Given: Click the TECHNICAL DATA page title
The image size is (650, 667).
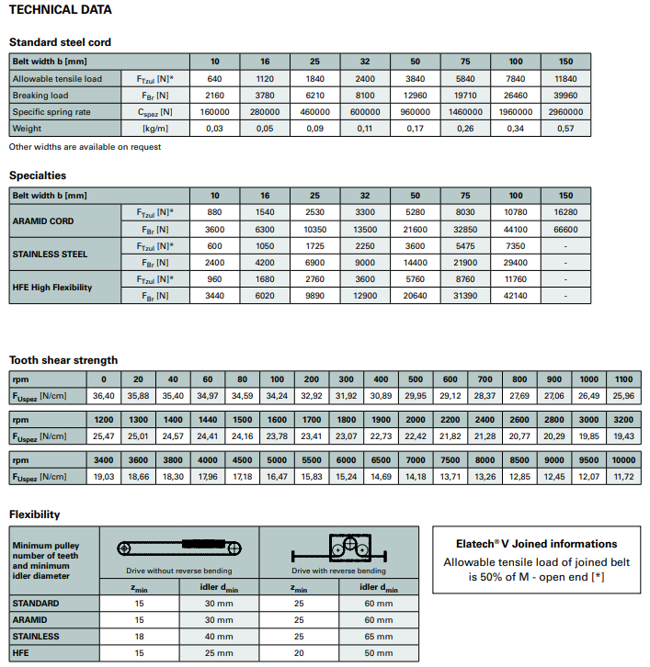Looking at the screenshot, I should [x=61, y=10].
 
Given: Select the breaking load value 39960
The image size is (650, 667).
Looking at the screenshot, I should [x=565, y=96].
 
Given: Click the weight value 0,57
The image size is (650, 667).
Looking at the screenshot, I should [x=565, y=129].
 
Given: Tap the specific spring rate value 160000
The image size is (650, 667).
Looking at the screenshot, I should [x=214, y=112].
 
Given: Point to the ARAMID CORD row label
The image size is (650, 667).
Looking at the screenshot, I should [x=44, y=220].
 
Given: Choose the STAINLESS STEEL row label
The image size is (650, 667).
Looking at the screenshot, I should [x=50, y=254].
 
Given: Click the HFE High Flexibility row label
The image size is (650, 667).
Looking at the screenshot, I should [x=52, y=288].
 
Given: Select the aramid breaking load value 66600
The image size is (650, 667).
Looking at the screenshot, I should [x=565, y=229].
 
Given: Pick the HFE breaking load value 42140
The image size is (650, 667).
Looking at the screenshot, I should [x=516, y=296].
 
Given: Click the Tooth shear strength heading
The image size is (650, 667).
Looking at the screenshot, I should [x=63, y=359].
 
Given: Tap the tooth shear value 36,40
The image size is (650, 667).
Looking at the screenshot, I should [x=103, y=395].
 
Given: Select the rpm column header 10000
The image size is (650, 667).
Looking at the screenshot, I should [x=623, y=459].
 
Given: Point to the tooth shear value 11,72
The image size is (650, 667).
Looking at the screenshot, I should [x=623, y=476].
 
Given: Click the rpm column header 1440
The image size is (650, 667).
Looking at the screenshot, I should [x=208, y=419].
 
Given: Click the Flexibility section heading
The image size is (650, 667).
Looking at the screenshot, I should [x=34, y=514].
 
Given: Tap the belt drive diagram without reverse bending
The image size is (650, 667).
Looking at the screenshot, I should [x=178, y=548].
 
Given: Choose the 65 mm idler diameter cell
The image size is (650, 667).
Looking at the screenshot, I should [x=378, y=636].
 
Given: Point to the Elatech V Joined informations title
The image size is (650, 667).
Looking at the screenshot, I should [x=536, y=544].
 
